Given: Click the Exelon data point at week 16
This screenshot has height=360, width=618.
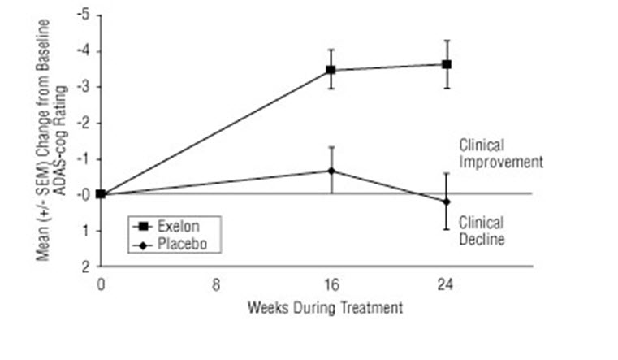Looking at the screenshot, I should coord(331,70).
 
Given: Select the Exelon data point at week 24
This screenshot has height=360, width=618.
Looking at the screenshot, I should coord(447,63).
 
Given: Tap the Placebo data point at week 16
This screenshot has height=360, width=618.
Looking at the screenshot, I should coord(331,171).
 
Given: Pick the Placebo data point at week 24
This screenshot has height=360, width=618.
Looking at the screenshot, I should coord(447,202).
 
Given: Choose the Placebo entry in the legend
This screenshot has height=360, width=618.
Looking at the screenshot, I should coord(171,243).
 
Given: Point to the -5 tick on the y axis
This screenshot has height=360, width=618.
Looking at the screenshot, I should coord(84,15).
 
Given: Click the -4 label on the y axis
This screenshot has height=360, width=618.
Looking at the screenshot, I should coord(84,51).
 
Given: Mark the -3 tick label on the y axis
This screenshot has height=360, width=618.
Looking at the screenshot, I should coord(84,87).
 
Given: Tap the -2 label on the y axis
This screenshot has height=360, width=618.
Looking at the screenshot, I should coord(84,123).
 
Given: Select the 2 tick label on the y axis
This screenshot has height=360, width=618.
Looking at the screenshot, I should coord(86,266).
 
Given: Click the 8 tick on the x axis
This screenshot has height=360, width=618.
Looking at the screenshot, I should coord(216,285).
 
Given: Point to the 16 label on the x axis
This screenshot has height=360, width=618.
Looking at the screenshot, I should coord(331,285).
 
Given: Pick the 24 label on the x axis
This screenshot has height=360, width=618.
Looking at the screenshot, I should coord(447,285).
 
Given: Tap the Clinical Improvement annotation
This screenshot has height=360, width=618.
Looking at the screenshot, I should coord(500,154).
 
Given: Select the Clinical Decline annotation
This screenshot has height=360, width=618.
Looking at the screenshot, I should coord(482,231).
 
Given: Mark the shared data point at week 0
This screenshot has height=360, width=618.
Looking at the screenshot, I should coord(101,193).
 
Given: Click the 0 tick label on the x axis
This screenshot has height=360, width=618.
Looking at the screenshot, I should coord(101,285).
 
